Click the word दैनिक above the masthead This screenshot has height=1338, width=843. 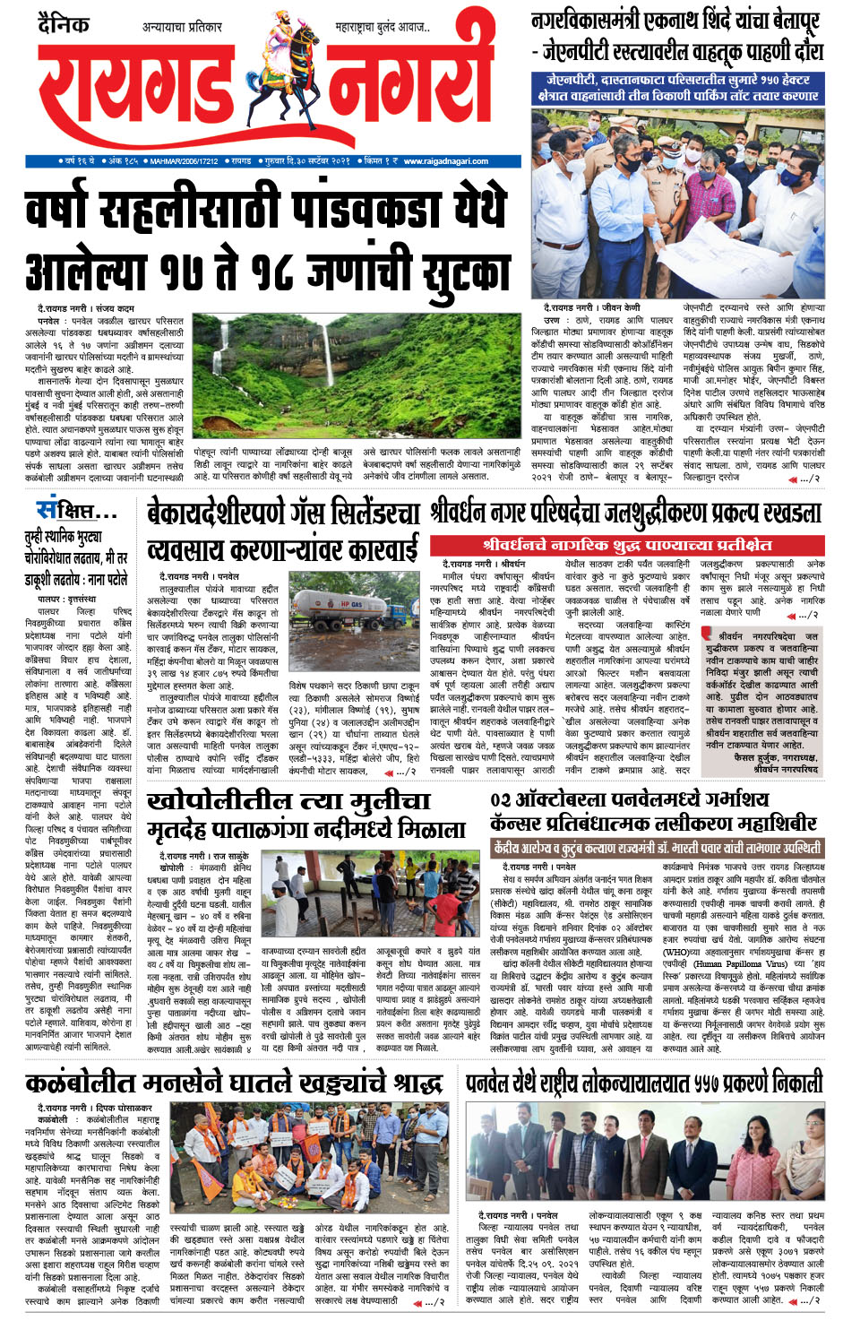pos(65,24)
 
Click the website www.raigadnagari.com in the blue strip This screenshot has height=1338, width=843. pos(445,161)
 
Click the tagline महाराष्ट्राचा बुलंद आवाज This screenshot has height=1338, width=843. pos(381,28)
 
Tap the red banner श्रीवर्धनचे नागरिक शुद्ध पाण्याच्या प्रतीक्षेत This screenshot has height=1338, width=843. pos(626,544)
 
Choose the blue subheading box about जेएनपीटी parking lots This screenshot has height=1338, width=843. pos(678,87)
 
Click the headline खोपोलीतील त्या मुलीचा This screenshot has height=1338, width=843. pos(288,800)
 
